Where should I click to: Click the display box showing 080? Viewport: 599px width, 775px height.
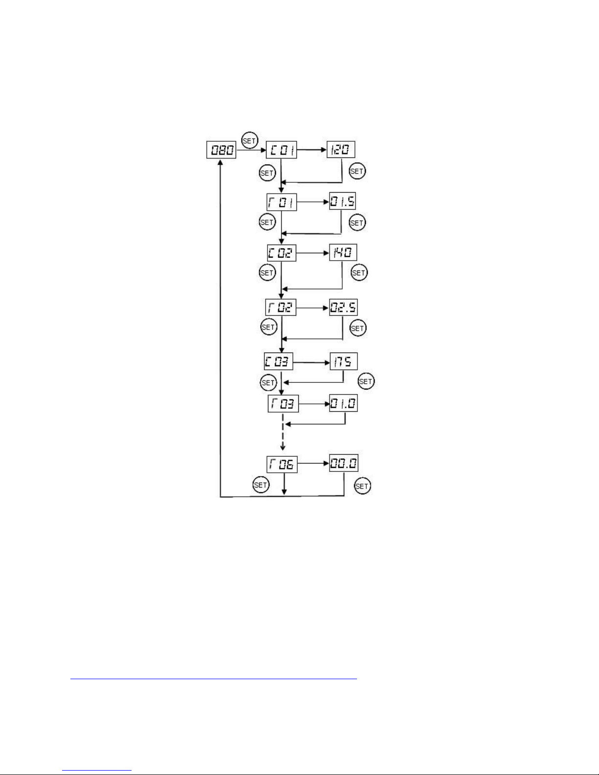tap(221, 150)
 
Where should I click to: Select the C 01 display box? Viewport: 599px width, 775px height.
tap(281, 150)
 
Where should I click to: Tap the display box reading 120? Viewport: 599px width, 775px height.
tap(341, 149)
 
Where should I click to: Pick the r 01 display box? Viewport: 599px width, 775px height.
tap(282, 202)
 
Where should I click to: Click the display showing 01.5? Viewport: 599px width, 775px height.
tap(342, 201)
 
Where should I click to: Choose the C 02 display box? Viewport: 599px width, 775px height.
tap(282, 253)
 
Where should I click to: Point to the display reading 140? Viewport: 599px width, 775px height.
tap(343, 252)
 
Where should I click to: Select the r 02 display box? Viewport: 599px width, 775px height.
tap(281, 307)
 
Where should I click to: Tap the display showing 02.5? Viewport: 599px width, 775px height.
tap(343, 307)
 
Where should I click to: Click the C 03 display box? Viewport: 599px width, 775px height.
tap(278, 362)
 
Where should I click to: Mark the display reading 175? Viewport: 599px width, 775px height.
tap(343, 361)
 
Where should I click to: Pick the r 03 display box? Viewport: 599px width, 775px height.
tap(283, 404)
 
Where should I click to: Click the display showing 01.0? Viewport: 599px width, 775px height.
tap(343, 403)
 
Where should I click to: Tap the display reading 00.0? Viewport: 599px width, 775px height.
tap(343, 463)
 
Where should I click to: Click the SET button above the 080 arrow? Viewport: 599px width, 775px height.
tap(249, 141)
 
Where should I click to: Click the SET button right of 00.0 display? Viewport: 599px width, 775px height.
tap(362, 486)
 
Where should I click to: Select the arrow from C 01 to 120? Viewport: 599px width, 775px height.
tap(311, 149)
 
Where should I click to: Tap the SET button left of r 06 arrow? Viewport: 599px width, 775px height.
tap(261, 485)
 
